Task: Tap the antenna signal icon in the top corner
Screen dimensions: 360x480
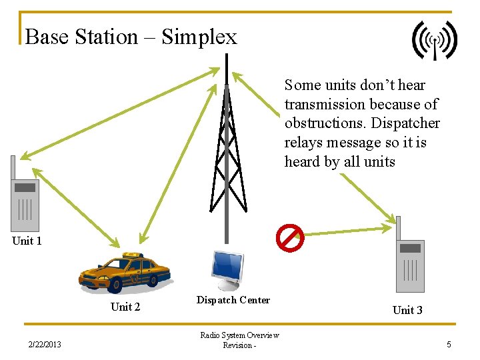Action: pos(434,40)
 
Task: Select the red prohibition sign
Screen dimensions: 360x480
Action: pos(291,237)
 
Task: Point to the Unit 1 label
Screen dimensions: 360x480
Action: pos(27,241)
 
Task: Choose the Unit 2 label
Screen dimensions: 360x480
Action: pos(125,307)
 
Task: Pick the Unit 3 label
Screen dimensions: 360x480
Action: pos(407,310)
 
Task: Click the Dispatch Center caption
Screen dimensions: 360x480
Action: pos(233,300)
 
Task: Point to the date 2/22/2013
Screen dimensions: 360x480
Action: pos(45,345)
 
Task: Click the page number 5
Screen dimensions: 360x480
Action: pos(449,345)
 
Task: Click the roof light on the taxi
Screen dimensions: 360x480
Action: pos(133,255)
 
